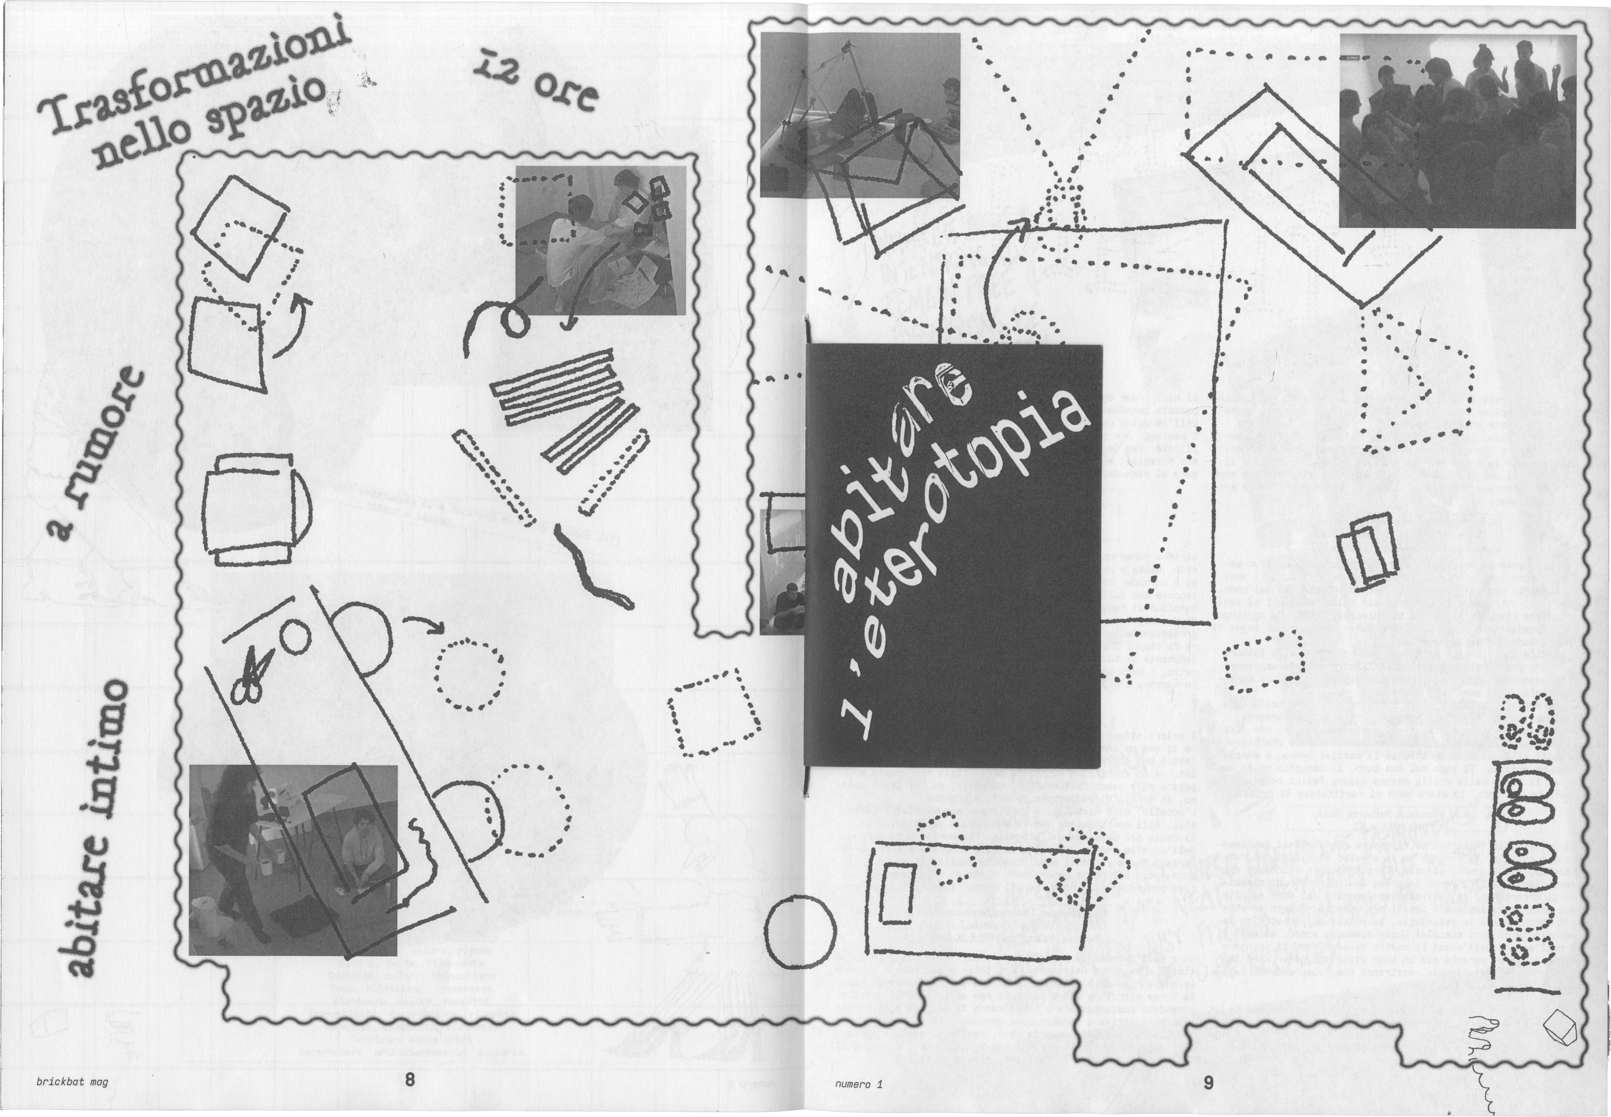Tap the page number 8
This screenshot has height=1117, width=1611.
pos(409,1080)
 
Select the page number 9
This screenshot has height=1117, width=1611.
pos(1209,1082)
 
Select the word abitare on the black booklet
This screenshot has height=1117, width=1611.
pos(903,483)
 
